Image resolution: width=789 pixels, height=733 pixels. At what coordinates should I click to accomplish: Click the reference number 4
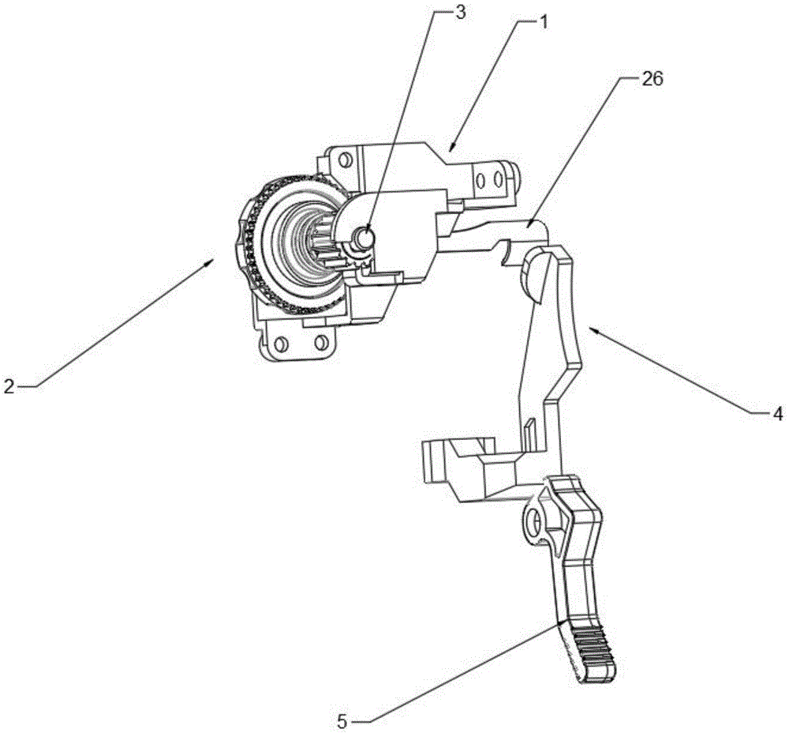click(777, 412)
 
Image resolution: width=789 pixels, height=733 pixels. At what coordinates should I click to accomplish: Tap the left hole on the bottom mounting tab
click(280, 343)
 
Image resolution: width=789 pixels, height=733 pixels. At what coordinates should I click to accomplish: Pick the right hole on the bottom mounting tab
click(320, 342)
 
